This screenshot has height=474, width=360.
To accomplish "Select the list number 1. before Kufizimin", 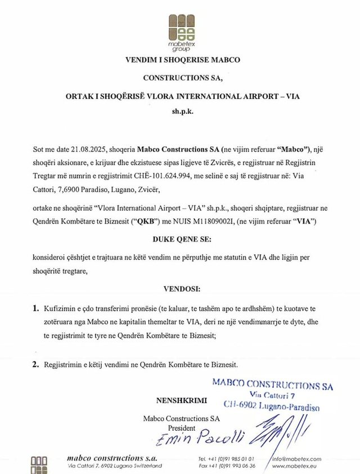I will point(36,308).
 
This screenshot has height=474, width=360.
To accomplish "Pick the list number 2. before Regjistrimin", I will point(36,365).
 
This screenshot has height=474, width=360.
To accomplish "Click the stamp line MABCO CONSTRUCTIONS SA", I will point(272,385).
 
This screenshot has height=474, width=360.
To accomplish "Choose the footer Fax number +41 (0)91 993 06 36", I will point(227,466).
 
